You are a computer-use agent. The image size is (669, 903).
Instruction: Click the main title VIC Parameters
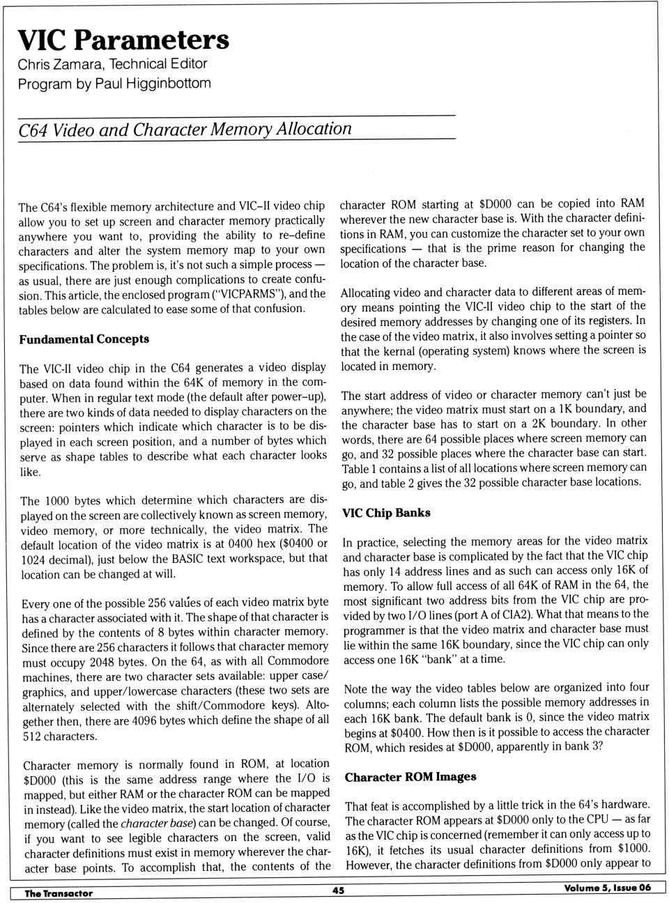123,40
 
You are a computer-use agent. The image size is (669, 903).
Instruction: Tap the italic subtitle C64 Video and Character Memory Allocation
185,130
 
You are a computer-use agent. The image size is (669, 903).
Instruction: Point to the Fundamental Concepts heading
84,339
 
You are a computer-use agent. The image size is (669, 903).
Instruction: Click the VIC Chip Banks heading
386,513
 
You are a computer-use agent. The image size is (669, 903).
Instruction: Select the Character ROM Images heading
410,777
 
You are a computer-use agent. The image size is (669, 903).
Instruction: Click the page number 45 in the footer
338,890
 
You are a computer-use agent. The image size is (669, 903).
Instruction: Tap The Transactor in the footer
59,893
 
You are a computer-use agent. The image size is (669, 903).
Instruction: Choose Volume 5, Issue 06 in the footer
607,888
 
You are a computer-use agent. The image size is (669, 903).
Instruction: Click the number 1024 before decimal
33,559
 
